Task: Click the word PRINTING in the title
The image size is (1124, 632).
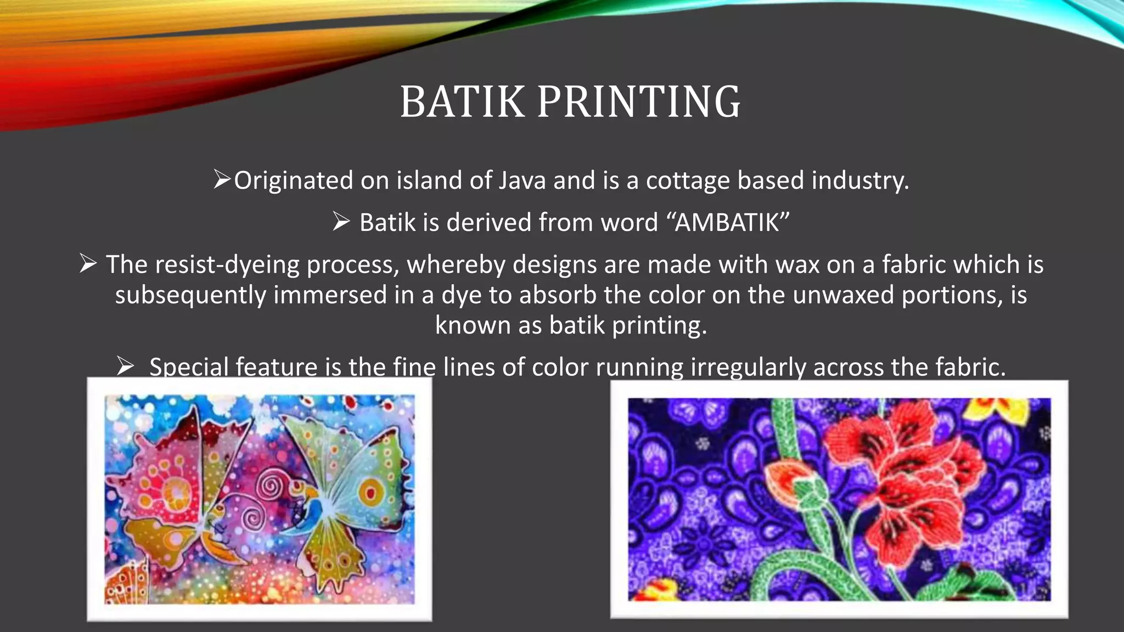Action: (639, 102)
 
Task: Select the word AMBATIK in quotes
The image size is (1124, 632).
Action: (727, 223)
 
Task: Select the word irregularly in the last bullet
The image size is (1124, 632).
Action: (749, 367)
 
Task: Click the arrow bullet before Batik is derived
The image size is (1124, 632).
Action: (341, 222)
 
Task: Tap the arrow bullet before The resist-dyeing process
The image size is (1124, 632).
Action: (88, 264)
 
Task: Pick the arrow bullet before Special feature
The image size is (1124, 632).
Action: (125, 366)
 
